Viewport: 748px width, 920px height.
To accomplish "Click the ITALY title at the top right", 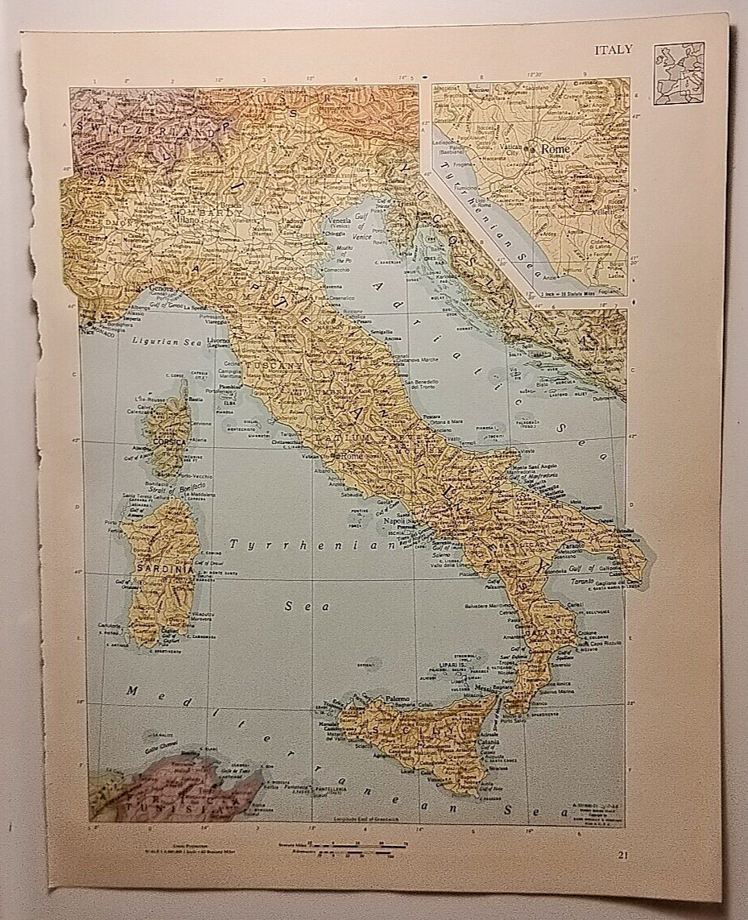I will (x=614, y=50).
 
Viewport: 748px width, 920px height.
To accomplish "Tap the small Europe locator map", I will (x=678, y=73).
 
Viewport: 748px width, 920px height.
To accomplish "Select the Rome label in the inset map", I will (x=556, y=149).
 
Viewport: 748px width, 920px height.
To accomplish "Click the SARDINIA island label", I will (x=164, y=569).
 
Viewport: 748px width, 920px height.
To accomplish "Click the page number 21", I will (x=624, y=855).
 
